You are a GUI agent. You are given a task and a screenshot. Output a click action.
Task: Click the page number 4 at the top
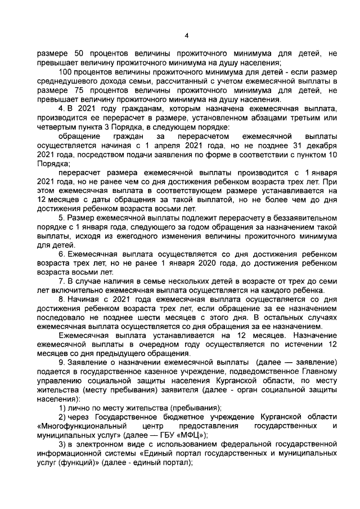coord(186,37)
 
